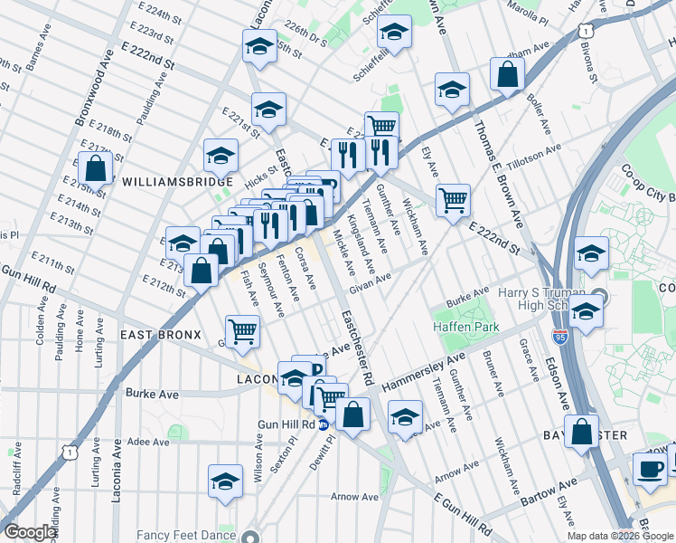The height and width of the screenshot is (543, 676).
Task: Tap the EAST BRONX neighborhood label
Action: click(x=159, y=335)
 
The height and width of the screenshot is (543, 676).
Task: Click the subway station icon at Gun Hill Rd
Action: click(x=324, y=424)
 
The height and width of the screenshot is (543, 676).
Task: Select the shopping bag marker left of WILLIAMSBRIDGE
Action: click(x=95, y=168)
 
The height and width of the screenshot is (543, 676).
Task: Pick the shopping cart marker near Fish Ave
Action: click(x=242, y=332)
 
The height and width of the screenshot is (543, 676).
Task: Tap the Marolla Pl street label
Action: click(x=530, y=14)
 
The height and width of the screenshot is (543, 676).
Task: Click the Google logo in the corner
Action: click(x=30, y=532)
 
